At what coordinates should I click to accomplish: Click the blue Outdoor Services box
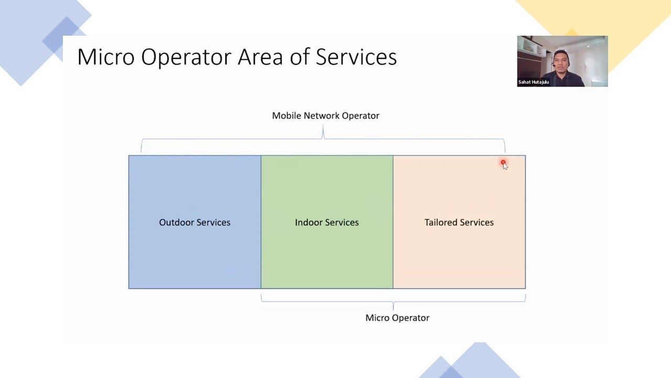coord(194,247)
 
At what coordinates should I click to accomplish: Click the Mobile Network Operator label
coord(326,115)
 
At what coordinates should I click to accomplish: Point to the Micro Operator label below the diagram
coord(397,318)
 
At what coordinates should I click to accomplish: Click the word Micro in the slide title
coord(106,57)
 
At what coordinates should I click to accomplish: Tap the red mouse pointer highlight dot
coord(503,163)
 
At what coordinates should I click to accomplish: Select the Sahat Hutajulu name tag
coord(533,82)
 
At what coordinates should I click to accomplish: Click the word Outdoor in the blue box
coord(176,223)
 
